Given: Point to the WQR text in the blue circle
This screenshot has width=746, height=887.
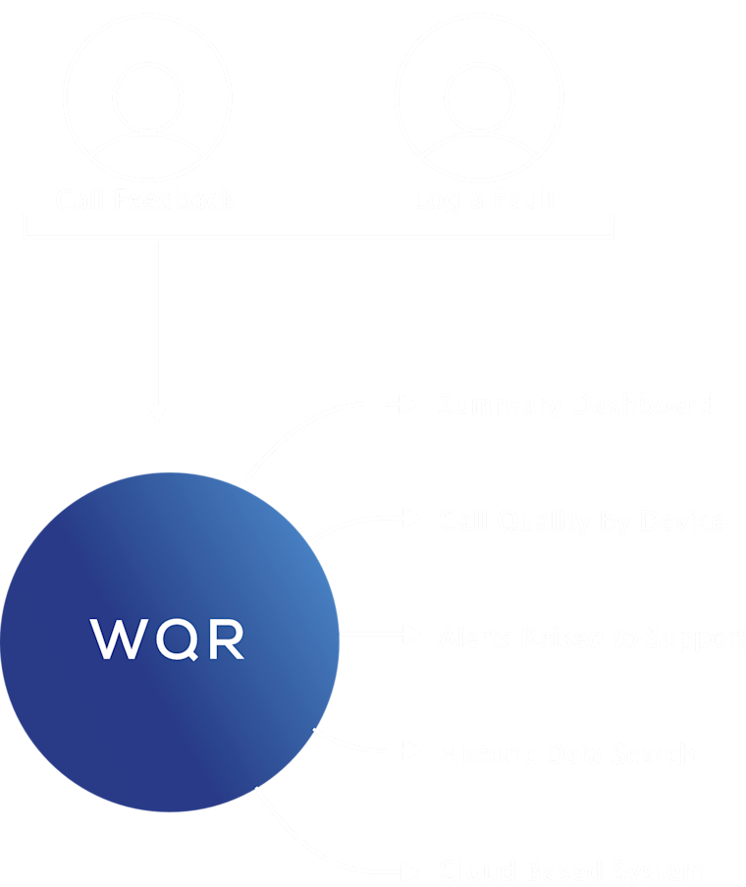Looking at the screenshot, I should pos(168,639).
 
